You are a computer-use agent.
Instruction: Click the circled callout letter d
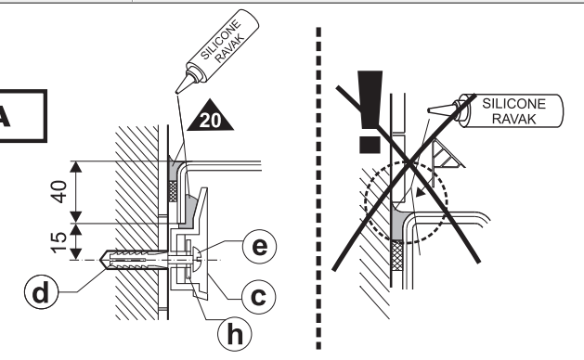[41, 292]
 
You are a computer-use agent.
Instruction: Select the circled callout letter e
[259, 247]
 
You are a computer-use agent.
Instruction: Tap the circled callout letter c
[259, 297]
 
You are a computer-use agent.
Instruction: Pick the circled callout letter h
[235, 334]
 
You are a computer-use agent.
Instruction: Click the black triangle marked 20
[211, 117]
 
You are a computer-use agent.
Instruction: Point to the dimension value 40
[58, 192]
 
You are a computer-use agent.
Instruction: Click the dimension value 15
[58, 243]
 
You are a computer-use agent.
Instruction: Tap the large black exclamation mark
[370, 111]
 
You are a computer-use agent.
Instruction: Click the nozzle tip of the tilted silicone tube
[177, 92]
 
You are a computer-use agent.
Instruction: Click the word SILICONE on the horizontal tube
[514, 104]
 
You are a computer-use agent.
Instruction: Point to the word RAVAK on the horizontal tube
[514, 119]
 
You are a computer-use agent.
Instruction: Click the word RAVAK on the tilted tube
[230, 48]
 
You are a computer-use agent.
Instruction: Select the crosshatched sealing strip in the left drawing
[173, 191]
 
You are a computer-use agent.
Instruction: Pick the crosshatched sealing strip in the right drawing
[397, 255]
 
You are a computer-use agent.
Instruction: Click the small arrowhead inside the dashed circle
[420, 192]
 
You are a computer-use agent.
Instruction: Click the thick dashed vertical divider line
[318, 188]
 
